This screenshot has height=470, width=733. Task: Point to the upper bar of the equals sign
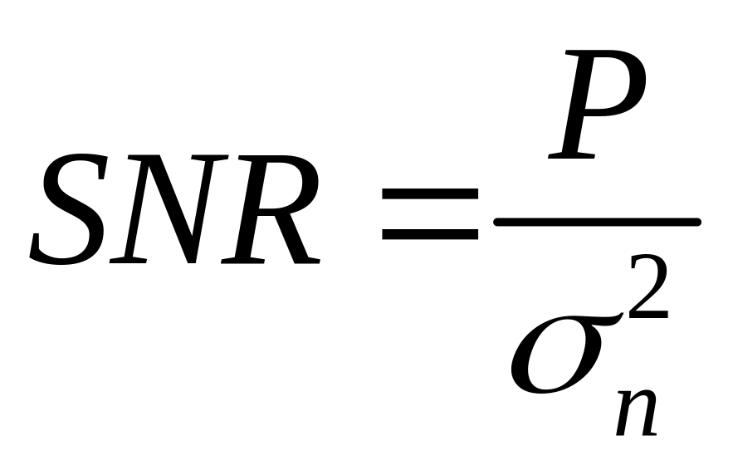point(430,194)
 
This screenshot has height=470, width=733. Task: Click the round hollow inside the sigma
point(544,365)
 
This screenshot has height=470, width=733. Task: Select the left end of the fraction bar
point(499,222)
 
